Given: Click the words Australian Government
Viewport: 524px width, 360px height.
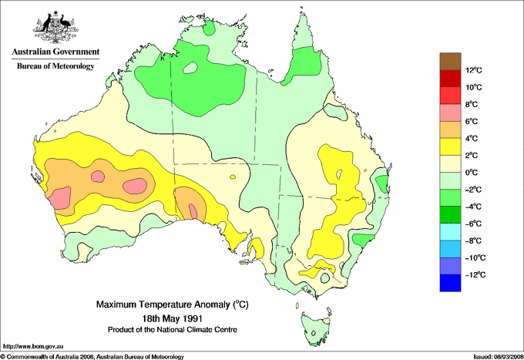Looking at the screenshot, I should [x=55, y=52].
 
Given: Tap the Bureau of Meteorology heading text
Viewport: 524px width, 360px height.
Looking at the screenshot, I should [x=55, y=66].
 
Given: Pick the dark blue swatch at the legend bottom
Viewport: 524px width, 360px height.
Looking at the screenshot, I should [x=451, y=283].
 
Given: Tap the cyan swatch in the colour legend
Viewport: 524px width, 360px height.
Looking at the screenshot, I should [x=451, y=232].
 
